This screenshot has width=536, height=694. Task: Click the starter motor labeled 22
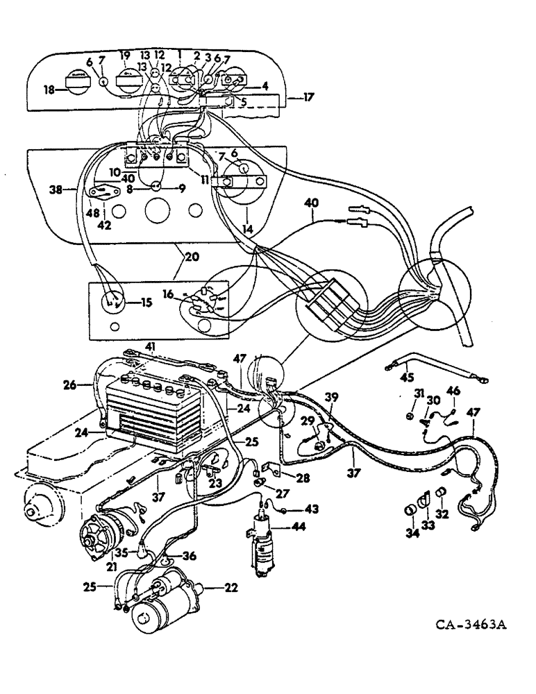point(167,597)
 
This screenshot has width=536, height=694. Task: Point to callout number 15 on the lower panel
point(145,302)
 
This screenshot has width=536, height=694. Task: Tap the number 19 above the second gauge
point(125,55)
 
